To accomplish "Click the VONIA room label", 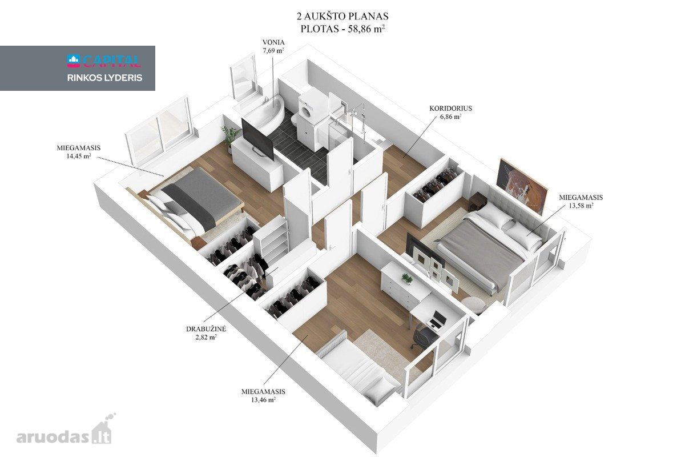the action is pyautogui.click(x=273, y=42).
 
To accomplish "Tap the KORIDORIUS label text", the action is pyautogui.click(x=450, y=109).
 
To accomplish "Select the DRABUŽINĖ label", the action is pyautogui.click(x=206, y=329).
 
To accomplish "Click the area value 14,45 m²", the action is pyautogui.click(x=79, y=156).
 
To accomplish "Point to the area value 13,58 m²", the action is pyautogui.click(x=581, y=206).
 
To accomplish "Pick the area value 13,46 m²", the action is pyautogui.click(x=263, y=400).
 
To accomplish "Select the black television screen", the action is pyautogui.click(x=257, y=139).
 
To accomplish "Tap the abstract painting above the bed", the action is pyautogui.click(x=521, y=186).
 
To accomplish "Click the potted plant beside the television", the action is pyautogui.click(x=230, y=137).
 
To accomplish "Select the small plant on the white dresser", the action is pyautogui.click(x=407, y=278).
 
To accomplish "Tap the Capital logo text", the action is pyautogui.click(x=104, y=61).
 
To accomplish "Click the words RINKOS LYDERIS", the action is pyautogui.click(x=104, y=78).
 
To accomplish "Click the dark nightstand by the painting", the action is pyautogui.click(x=477, y=202).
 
